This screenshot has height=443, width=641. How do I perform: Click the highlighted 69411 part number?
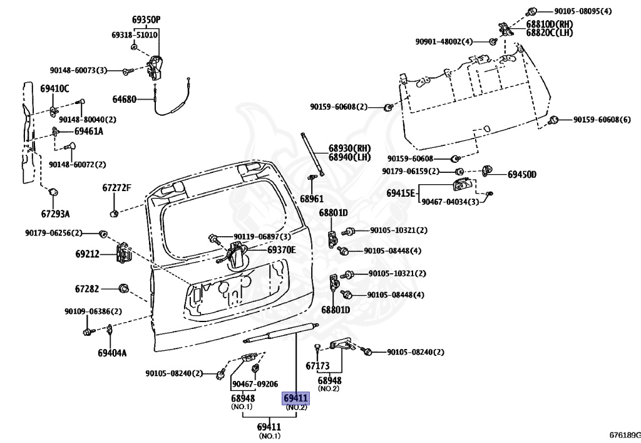[x=295, y=398]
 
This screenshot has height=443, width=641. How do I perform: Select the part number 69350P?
[x=146, y=19]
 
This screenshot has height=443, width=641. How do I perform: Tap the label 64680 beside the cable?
[x=125, y=100]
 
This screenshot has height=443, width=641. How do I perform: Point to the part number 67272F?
[x=116, y=188]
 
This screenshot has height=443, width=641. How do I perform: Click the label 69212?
[x=87, y=254]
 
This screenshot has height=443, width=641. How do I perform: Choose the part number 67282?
[x=86, y=289]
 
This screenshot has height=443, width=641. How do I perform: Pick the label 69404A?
[x=112, y=353]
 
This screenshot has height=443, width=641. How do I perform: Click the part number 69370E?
[x=282, y=249]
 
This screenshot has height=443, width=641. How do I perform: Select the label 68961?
[x=312, y=199]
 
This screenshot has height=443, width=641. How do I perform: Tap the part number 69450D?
[x=522, y=175]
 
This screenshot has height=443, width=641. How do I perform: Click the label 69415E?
[x=401, y=193]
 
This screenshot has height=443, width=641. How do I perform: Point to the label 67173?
[x=317, y=366]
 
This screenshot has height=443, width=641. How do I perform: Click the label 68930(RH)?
[x=349, y=148]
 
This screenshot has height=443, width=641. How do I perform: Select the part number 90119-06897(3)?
[x=262, y=237]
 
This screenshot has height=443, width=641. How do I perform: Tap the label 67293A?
[x=55, y=214]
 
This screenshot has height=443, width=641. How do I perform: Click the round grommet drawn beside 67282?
[x=123, y=288]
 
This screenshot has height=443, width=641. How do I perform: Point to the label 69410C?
[x=54, y=88]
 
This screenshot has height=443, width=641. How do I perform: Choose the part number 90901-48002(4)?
[x=444, y=42]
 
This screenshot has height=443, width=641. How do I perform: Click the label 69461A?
[x=89, y=132]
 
